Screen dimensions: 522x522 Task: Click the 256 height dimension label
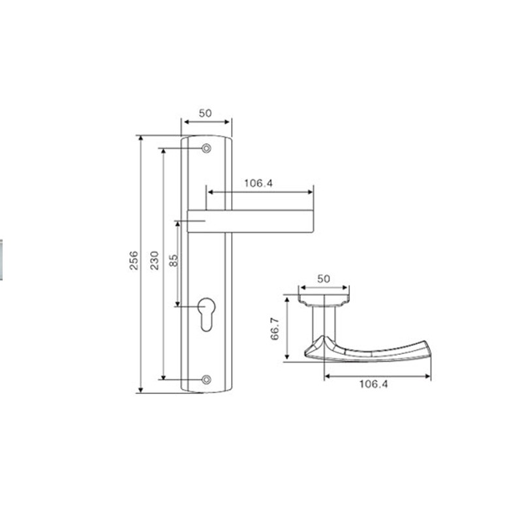134,260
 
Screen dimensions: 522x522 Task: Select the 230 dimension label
154,260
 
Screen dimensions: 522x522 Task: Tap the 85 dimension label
174,260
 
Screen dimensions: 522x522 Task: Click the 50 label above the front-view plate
205,113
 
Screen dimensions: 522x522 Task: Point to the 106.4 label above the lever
258,183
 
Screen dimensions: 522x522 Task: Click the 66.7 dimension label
275,329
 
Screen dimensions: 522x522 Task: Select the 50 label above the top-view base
324,279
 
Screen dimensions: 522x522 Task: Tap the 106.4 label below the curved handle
373,384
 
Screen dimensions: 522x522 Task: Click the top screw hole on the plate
206,148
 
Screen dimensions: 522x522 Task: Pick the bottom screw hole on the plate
206,379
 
